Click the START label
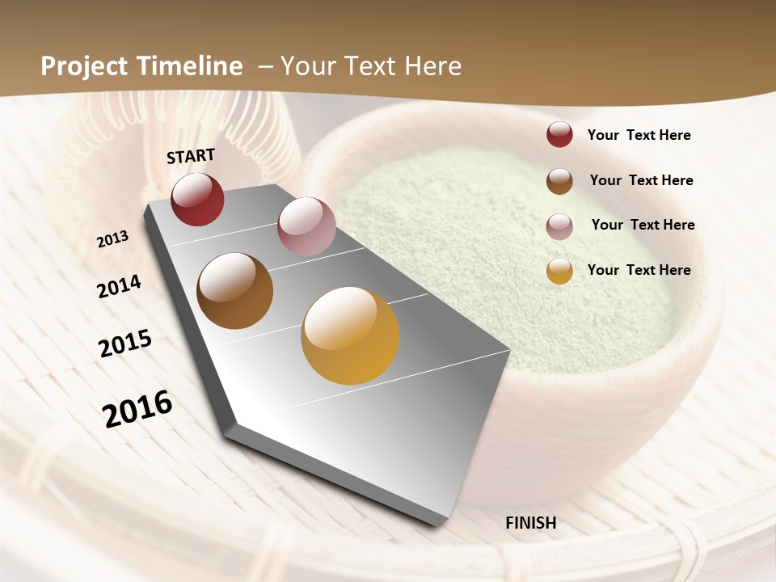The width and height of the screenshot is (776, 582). coord(191,156)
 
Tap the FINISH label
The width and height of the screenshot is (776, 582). coord(531,523)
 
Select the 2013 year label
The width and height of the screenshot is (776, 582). coord(112,238)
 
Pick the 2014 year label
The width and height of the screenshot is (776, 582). coord(119,287)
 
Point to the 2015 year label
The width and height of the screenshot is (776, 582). coord(125,344)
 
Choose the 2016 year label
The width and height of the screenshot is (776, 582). coord(137,409)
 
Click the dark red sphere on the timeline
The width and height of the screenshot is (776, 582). coord(197,200)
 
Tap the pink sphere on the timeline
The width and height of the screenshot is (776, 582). coord(306,226)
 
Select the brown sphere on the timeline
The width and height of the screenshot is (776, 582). coord(235,291)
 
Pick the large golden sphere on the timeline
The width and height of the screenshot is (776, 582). coord(350,335)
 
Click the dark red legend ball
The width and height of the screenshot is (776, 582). coord(559,135)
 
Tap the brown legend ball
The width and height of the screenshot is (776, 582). coord(559,181)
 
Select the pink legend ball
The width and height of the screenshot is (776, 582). coord(559,226)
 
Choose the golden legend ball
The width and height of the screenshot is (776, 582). coord(559,271)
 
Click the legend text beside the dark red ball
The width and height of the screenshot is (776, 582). coord(639,136)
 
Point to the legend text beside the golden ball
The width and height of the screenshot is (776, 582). coord(639,270)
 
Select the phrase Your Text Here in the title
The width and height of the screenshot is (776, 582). coord(371,66)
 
